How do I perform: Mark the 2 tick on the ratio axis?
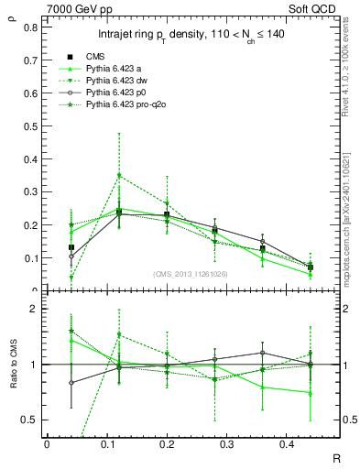35,309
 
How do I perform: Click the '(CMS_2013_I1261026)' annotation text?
191,272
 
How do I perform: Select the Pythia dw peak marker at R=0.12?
119,175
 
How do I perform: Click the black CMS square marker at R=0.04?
71,247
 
